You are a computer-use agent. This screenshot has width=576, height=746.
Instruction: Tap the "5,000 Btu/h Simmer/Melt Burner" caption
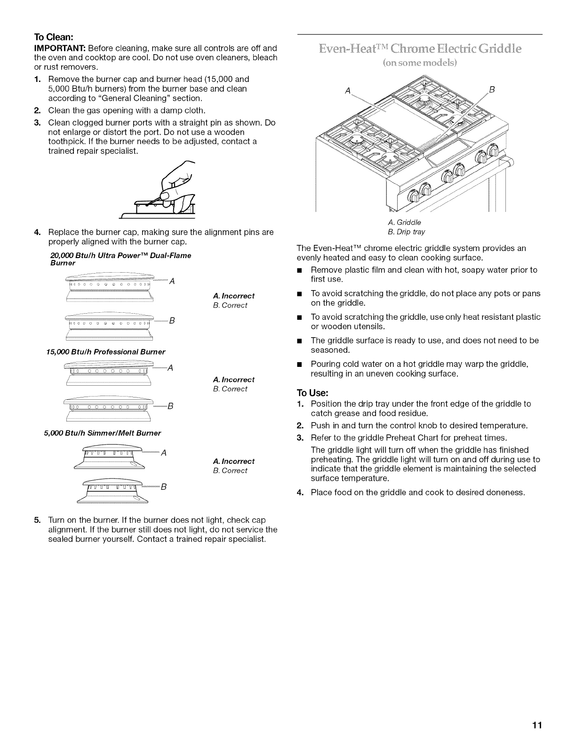click(102, 433)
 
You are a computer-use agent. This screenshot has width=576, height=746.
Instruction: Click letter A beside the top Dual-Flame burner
click(172, 282)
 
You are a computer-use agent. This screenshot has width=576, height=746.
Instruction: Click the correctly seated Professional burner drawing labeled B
click(109, 408)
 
